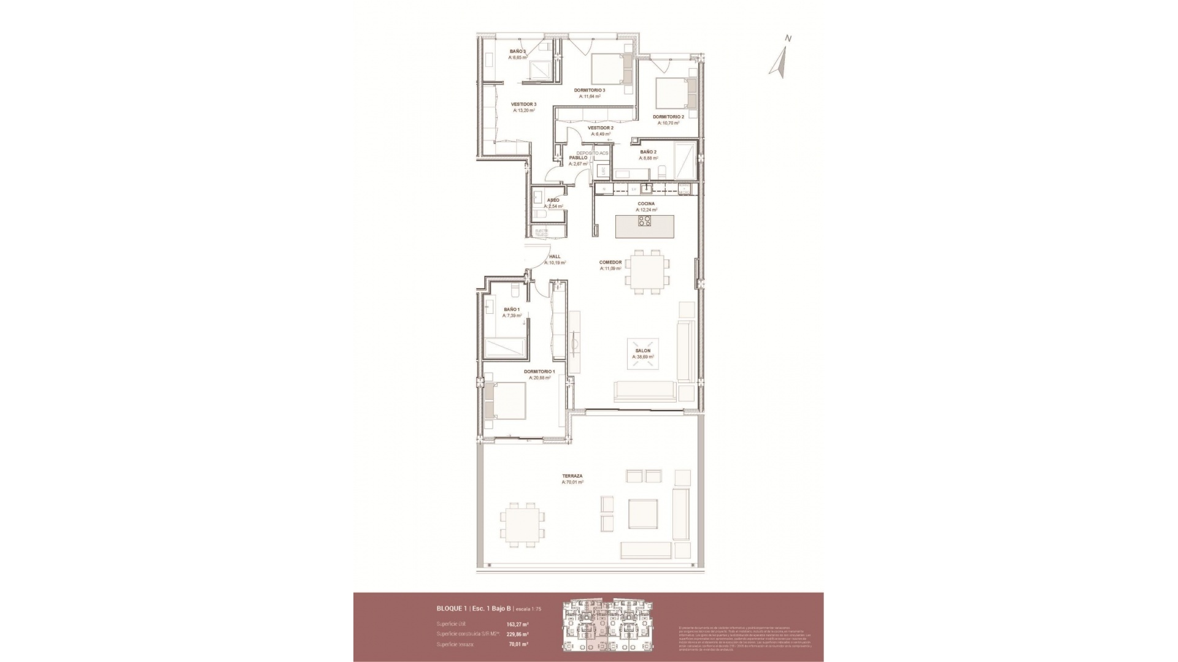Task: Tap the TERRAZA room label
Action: (572, 476)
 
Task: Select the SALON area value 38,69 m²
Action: (642, 357)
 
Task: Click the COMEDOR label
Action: (610, 262)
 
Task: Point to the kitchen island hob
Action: (645, 221)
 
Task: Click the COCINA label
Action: (645, 204)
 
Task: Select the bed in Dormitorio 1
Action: (506, 400)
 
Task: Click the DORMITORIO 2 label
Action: (668, 116)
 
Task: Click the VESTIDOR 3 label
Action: (523, 104)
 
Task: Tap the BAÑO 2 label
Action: (648, 152)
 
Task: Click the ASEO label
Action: (553, 200)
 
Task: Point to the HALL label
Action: (554, 257)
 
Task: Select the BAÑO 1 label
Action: (511, 310)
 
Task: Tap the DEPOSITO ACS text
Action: (592, 153)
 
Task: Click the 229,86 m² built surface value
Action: (517, 634)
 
